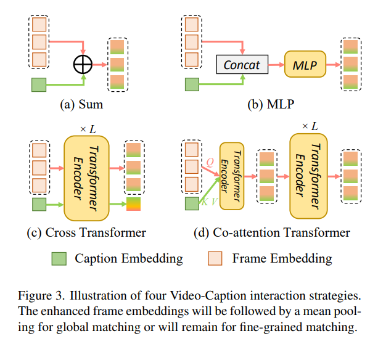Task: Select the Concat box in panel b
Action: (242, 64)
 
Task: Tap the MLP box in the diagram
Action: (305, 64)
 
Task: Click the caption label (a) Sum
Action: (81, 104)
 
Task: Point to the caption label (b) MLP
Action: (270, 104)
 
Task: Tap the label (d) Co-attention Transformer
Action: (273, 232)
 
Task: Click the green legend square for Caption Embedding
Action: (59, 258)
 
